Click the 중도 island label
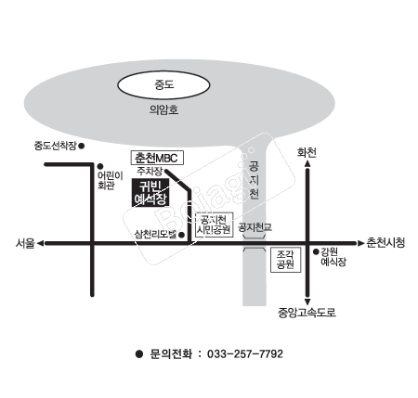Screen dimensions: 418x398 coord(164,84)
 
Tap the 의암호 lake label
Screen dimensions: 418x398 coord(163,109)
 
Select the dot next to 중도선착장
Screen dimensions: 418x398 coord(82,146)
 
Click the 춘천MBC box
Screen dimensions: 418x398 coord(157,158)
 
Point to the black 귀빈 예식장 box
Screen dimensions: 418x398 coord(150,192)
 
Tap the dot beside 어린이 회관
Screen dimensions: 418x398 coord(100,166)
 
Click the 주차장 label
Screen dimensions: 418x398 coord(150,171)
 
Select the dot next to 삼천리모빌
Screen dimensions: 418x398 coord(182,235)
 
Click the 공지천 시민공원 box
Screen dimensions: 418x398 coord(215,225)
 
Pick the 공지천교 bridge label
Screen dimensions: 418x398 coord(255,227)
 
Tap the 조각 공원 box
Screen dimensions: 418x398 coord(285,260)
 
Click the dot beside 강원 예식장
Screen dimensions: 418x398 coord(316,252)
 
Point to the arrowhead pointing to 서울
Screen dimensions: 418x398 coord(40,244)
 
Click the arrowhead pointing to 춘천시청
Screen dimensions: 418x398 coord(361,243)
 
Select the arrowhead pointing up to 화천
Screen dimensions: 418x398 coord(307,163)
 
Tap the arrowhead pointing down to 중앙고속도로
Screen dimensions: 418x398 coord(307,302)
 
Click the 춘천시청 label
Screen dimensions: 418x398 coord(385,242)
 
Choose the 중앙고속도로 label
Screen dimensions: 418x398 coord(307,313)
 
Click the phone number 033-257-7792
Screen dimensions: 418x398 coord(245,353)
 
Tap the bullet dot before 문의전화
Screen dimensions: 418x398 coord(139,353)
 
